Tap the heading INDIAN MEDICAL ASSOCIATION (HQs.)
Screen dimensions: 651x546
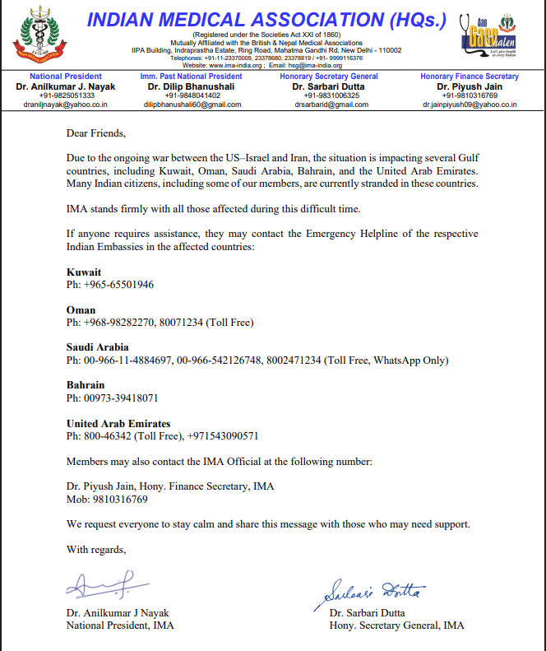266,19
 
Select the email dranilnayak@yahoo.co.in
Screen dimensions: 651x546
66,105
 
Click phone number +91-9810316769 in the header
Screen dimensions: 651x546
466,95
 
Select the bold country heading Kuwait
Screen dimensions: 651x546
84,271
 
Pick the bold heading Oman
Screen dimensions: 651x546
81,309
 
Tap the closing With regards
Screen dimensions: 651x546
96,549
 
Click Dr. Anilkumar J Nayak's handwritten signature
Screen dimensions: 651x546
99,586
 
